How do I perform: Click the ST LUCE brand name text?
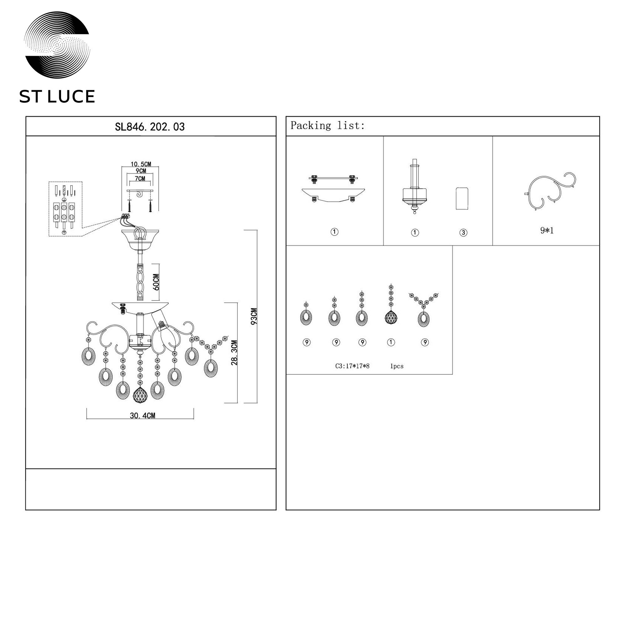[x=57, y=96]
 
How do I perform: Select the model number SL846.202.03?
[x=150, y=127]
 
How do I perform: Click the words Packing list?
[x=327, y=126]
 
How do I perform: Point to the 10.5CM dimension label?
[x=141, y=164]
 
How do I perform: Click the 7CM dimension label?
[x=140, y=178]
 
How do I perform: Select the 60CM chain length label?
[x=156, y=282]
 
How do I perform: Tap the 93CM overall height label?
[x=254, y=316]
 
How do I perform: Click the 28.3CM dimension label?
[x=234, y=352]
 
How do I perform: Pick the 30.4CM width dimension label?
[x=142, y=416]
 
